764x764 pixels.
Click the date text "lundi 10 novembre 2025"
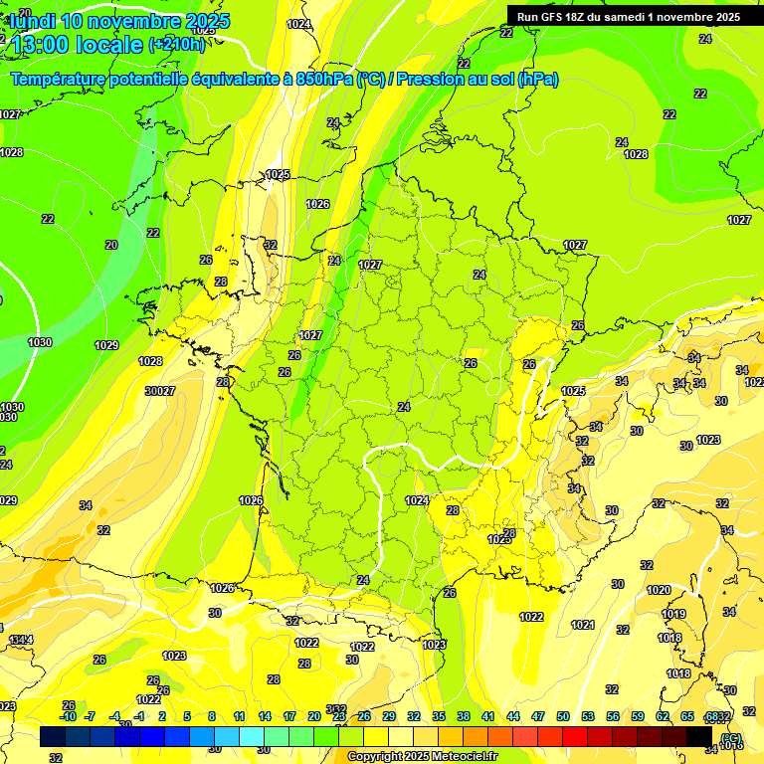pos(119,21)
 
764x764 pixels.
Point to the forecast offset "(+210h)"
pos(177,45)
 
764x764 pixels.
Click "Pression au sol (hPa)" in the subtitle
pos(477,79)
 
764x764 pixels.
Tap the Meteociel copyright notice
pos(423,757)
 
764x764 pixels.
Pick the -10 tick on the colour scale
pos(68,716)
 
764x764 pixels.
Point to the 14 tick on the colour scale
pos(265,716)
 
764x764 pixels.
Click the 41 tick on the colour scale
pos(488,716)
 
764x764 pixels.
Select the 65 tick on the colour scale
pos(687,716)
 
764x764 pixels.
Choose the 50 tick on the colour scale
pos(563,716)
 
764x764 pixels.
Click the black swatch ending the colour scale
pos(699,736)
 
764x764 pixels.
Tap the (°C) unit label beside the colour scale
pos(730,738)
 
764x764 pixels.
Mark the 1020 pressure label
pos(659,590)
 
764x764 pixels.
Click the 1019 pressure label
pos(673,614)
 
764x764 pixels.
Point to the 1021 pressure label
pos(583,625)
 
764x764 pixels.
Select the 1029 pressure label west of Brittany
pos(106,345)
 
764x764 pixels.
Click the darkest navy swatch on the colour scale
pos(54,736)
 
